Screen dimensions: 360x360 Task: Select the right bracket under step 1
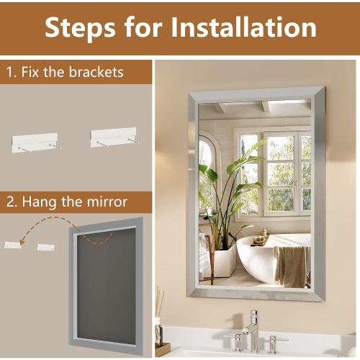[x=113, y=138]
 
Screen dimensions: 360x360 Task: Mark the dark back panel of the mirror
[x=106, y=286]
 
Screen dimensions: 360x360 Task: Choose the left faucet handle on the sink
[x=234, y=340]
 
